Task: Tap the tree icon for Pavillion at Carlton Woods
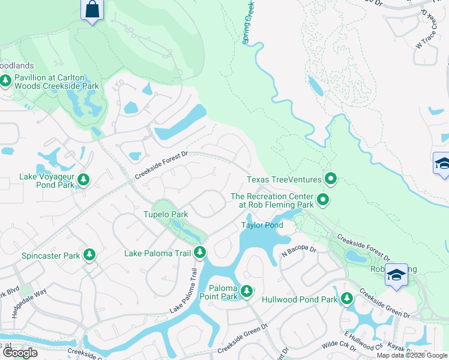coord(6,80)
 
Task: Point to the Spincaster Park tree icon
coord(89,255)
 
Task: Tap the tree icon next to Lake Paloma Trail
coord(200,253)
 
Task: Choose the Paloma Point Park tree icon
coord(246,292)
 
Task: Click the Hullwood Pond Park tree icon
coord(346,298)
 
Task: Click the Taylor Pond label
coord(262,225)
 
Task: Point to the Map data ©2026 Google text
coord(412,355)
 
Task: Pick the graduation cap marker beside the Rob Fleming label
coord(396,275)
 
